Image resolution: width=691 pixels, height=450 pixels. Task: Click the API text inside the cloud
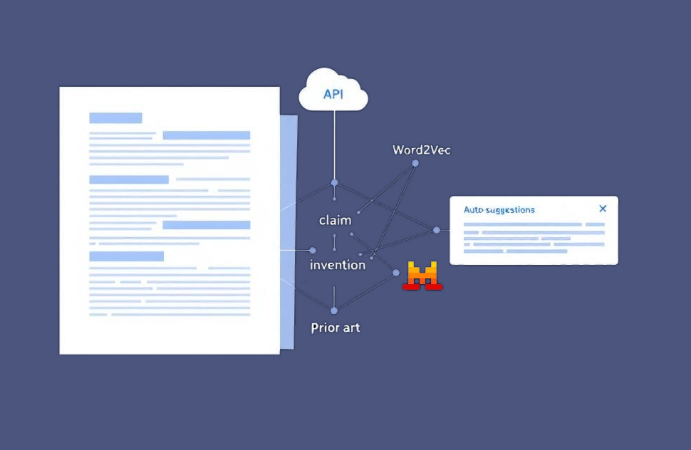tap(333, 94)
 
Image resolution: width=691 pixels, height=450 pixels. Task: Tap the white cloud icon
tap(333, 90)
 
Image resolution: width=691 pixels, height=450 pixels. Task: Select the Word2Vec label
tap(421, 150)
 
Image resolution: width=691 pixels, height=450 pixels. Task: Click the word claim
tap(336, 220)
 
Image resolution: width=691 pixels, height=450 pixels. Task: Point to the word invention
tap(338, 265)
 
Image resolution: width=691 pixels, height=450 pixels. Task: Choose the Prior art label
tap(336, 328)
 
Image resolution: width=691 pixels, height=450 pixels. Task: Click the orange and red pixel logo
tap(422, 276)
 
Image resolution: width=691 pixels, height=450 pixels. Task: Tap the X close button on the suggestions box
tap(603, 209)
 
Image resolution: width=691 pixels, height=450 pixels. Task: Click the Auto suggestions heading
tap(499, 210)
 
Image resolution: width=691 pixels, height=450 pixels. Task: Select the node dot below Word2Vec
tap(415, 163)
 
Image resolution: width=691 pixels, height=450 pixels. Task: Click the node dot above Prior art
tap(334, 310)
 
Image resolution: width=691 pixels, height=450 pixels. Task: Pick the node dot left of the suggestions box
tap(436, 230)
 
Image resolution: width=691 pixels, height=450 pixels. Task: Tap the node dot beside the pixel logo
tap(396, 273)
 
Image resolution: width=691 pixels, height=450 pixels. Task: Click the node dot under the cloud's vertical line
tap(335, 182)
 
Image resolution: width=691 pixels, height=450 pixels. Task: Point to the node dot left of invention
tap(313, 250)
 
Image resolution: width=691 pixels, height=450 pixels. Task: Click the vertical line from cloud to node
tap(335, 145)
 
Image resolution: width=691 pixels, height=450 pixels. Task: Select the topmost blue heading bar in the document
tap(115, 117)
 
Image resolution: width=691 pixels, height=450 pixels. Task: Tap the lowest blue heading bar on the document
tap(127, 256)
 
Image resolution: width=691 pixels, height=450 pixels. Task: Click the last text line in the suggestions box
tap(515, 251)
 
